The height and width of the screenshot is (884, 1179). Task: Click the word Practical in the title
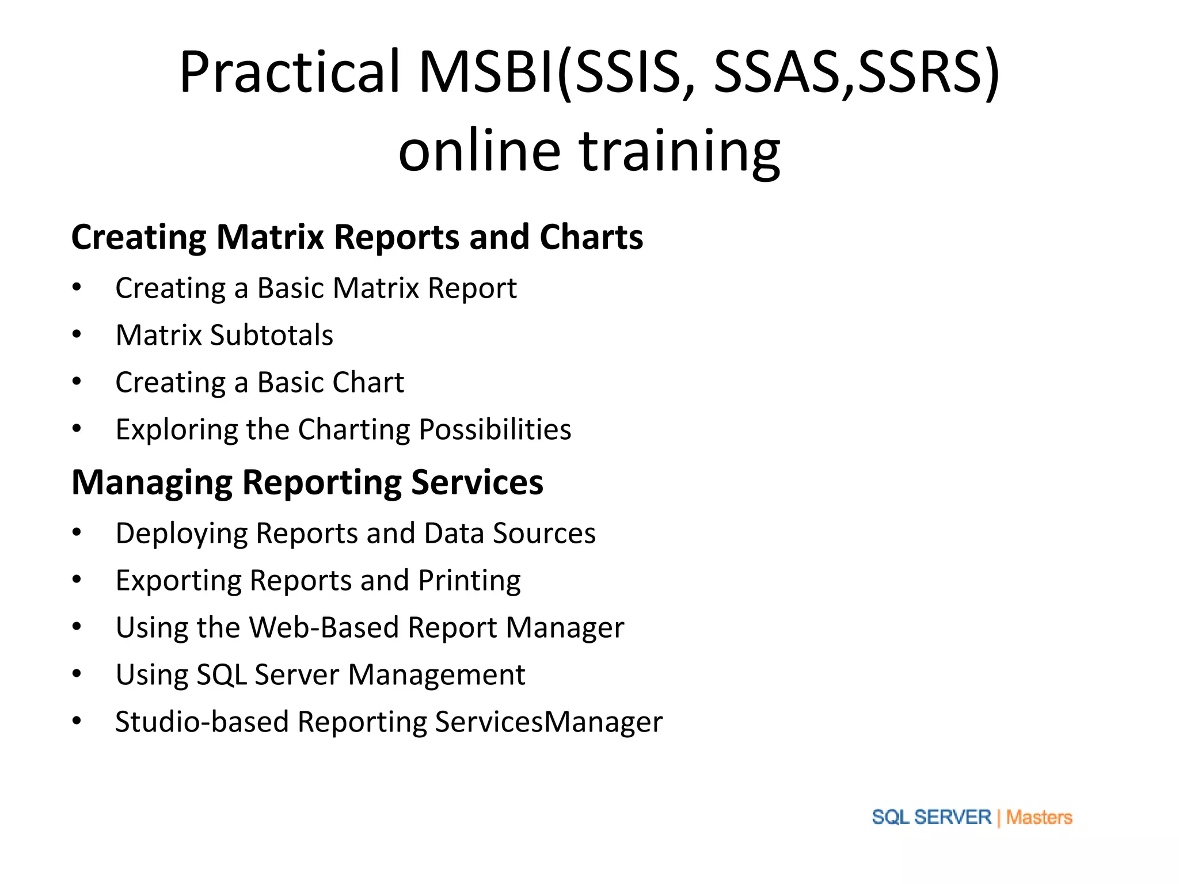click(290, 72)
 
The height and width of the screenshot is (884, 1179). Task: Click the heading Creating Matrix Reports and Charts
click(357, 237)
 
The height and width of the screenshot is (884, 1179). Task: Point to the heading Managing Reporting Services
click(307, 482)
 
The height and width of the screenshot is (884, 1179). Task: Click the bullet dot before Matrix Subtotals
click(77, 334)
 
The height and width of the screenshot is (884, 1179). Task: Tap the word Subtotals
click(271, 335)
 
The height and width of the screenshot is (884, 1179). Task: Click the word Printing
click(469, 580)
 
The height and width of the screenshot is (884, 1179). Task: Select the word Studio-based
click(201, 722)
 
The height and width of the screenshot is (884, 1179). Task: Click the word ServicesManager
click(548, 722)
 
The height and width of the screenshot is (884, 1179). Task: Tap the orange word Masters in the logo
click(1039, 817)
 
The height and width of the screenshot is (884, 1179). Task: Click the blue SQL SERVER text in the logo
click(931, 817)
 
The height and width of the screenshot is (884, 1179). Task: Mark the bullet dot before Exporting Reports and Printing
click(77, 580)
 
